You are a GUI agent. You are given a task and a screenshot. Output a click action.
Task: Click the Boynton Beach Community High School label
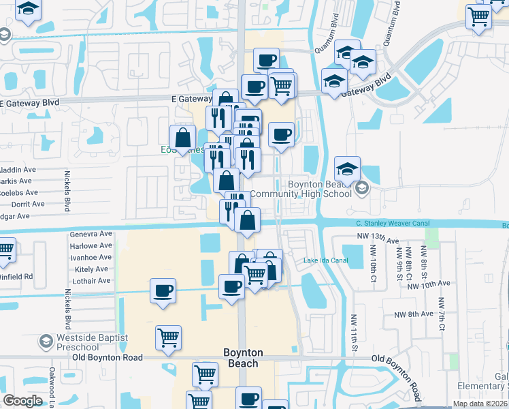[300, 189]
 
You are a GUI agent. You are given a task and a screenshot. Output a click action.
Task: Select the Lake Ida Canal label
[325, 260]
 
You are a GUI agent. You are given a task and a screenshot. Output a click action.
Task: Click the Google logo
[22, 401]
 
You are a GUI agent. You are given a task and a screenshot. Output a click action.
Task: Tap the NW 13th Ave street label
[378, 237]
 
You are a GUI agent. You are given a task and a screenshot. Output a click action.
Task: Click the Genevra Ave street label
[91, 234]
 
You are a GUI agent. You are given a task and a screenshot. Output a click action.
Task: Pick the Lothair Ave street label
[92, 281]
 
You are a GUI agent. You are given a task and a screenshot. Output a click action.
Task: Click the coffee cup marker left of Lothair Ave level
[163, 291]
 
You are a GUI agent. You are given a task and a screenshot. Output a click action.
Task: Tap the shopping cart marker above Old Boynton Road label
[168, 337]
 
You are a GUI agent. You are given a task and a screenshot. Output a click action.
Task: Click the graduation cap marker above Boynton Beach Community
[347, 169]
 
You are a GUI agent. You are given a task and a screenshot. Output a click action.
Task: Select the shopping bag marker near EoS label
[183, 138]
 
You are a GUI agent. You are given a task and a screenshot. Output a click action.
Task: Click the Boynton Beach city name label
[242, 358]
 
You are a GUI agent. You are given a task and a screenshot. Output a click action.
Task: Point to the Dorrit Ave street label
[28, 204]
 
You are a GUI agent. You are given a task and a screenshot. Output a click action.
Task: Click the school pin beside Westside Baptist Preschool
[46, 341]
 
